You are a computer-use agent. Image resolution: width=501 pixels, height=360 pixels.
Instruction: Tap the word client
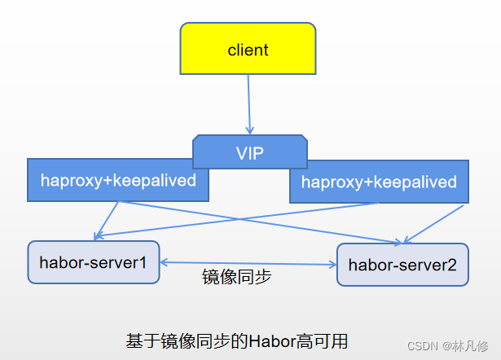coord(248,50)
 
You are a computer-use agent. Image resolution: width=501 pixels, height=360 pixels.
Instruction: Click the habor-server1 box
coord(94,261)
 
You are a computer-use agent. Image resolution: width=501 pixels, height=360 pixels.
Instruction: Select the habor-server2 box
coord(402,264)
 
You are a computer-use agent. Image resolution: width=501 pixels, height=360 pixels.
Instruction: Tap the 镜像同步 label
coord(236,277)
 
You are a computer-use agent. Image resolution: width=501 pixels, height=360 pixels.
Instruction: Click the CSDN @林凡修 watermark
coord(448,346)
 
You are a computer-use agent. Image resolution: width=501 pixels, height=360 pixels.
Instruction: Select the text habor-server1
coord(92,261)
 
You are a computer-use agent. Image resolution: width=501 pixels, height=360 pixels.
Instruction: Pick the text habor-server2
coord(402,265)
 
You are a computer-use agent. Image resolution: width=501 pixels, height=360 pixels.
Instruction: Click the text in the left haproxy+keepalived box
coord(118,180)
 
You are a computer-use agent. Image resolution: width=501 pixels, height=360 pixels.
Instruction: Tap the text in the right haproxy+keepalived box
coord(379,182)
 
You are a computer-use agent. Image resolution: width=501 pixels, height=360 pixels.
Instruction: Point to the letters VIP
coord(250,153)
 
